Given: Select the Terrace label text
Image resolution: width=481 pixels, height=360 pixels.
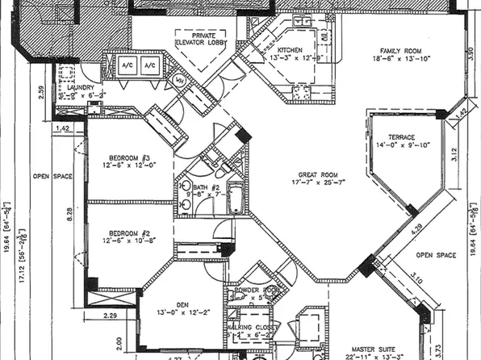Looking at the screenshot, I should (401, 137).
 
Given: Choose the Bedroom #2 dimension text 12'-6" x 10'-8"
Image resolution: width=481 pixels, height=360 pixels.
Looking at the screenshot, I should (128, 241).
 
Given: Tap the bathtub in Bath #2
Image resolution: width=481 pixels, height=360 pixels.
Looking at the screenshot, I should (235, 198).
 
